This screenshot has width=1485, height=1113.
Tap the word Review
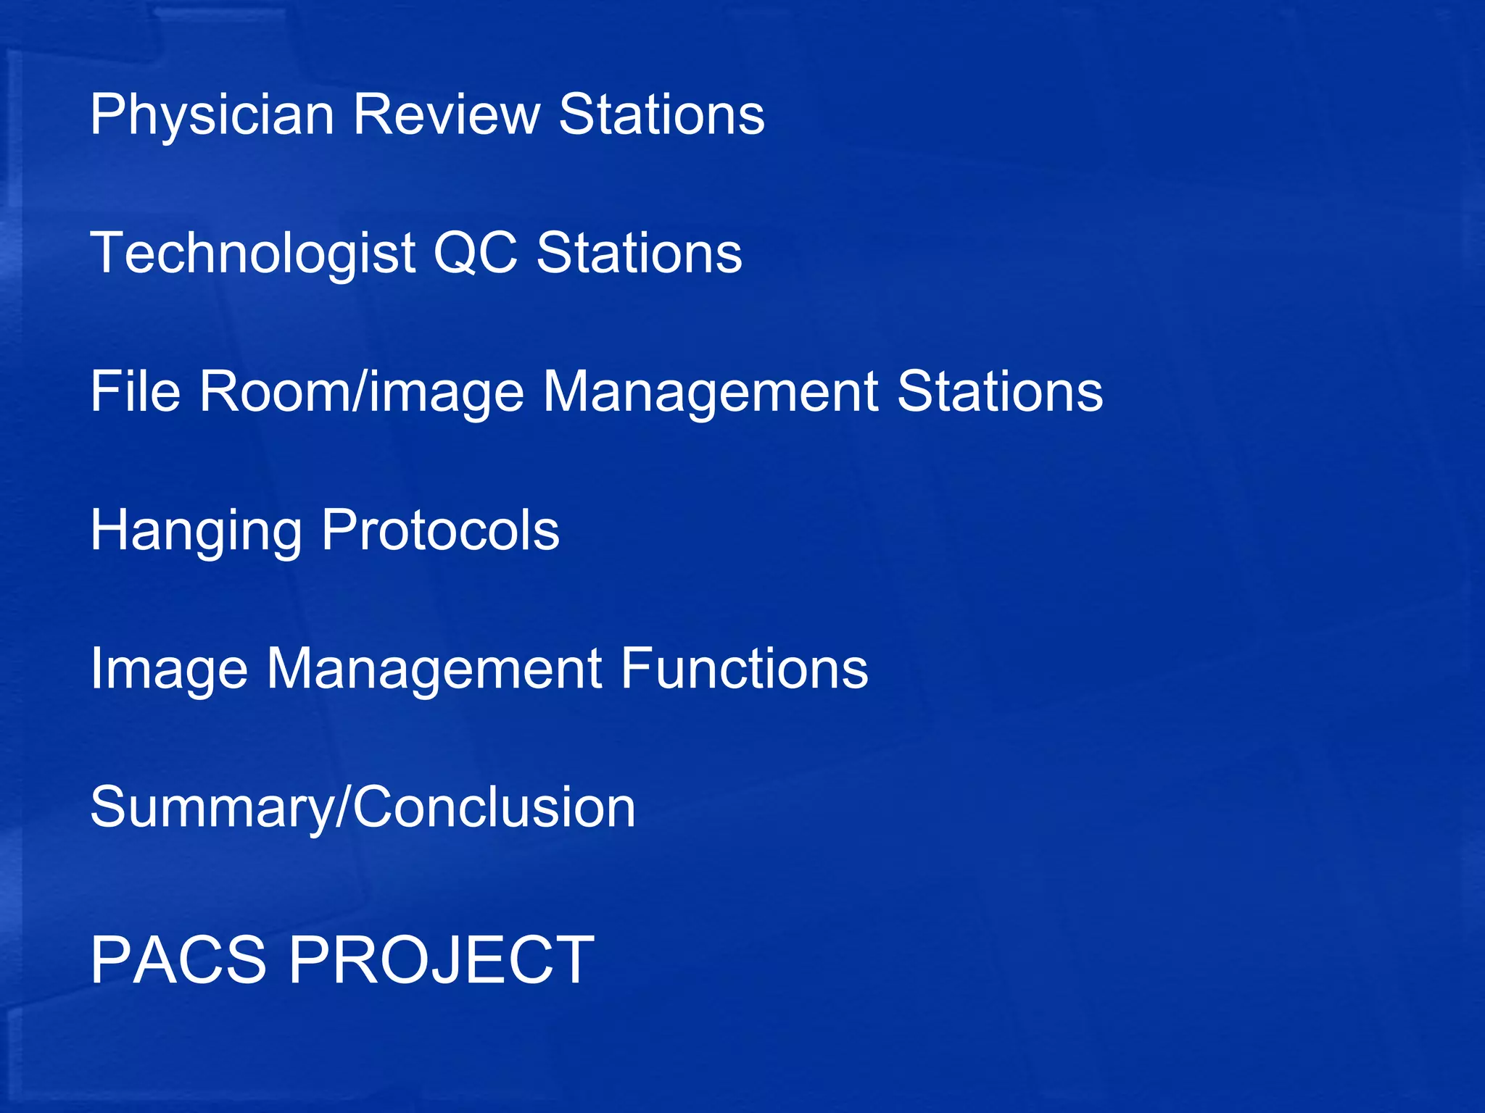[446, 114]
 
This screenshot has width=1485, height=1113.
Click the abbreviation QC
[476, 254]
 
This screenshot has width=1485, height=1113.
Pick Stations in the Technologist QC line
[639, 254]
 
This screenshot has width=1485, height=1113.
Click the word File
[135, 391]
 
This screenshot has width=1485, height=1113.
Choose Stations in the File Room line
[1000, 391]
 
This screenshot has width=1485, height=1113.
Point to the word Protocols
[440, 530]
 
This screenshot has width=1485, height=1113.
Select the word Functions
[744, 668]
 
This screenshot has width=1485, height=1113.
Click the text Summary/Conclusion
[363, 808]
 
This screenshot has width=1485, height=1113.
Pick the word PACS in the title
[178, 960]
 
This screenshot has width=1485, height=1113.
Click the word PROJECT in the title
[442, 960]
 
